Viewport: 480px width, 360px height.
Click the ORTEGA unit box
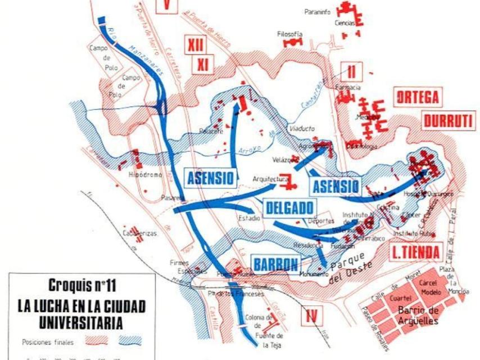click(418, 97)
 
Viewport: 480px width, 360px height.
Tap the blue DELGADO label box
click(289, 207)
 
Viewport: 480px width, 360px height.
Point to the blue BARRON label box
click(275, 264)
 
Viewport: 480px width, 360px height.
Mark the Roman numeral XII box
click(195, 45)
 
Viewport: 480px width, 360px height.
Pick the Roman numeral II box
click(352, 71)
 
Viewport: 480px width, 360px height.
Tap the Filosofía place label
click(289, 34)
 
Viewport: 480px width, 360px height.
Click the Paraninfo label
click(318, 11)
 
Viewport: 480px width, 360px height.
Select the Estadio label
click(249, 218)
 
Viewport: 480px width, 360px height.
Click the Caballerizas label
click(140, 233)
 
